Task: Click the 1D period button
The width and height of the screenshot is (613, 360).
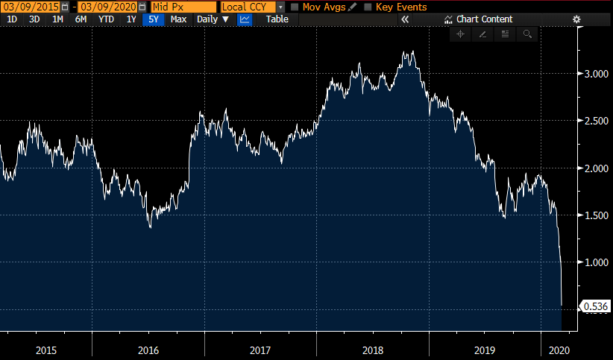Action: [x=11, y=19]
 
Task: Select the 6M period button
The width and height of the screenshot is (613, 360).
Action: [x=81, y=19]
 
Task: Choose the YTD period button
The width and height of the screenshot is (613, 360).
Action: [x=107, y=19]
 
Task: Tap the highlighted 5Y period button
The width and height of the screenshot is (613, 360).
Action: [x=154, y=19]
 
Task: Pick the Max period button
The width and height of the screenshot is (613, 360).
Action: [x=178, y=19]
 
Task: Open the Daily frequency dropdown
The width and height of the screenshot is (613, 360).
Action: [x=213, y=19]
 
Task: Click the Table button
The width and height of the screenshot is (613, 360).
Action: [x=277, y=19]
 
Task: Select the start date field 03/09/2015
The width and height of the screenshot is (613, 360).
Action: [x=30, y=7]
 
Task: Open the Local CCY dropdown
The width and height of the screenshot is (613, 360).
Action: [x=253, y=7]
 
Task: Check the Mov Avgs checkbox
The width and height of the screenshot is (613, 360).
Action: [x=295, y=7]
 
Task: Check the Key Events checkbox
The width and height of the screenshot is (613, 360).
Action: [x=368, y=7]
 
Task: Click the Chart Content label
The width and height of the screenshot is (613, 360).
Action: [x=484, y=19]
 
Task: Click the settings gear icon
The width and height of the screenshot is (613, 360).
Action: [x=576, y=19]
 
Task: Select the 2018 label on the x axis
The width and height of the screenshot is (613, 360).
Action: [x=372, y=350]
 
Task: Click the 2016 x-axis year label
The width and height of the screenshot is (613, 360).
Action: [x=148, y=350]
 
